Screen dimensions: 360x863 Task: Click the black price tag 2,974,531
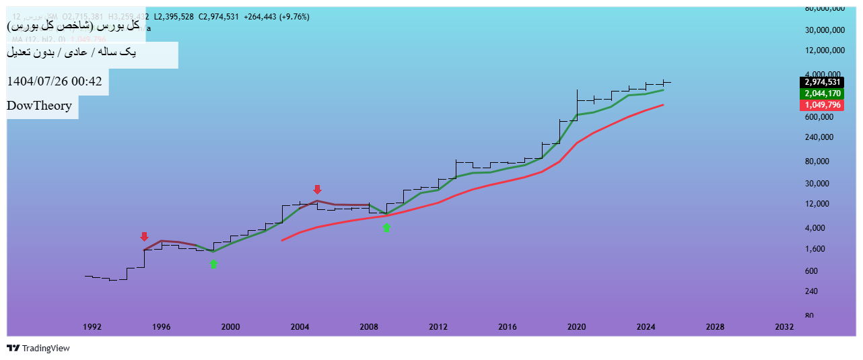click(x=821, y=82)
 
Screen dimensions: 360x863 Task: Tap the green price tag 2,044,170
click(x=821, y=94)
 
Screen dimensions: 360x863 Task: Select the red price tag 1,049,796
click(x=821, y=105)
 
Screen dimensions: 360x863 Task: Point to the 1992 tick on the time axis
click(x=93, y=327)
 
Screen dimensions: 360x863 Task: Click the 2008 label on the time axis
click(x=370, y=327)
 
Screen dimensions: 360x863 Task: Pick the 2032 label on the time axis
click(x=784, y=327)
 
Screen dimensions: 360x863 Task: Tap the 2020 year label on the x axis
click(x=577, y=327)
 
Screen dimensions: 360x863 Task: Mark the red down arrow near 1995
click(x=144, y=237)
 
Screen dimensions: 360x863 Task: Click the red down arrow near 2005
click(x=318, y=190)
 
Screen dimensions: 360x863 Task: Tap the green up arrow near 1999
click(x=213, y=264)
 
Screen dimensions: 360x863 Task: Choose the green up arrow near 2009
click(x=386, y=228)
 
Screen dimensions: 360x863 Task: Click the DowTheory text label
click(x=39, y=106)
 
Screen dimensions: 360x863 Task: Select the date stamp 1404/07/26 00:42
click(x=55, y=81)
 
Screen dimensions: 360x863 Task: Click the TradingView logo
click(x=38, y=349)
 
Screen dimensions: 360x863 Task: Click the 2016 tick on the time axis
click(x=508, y=327)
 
